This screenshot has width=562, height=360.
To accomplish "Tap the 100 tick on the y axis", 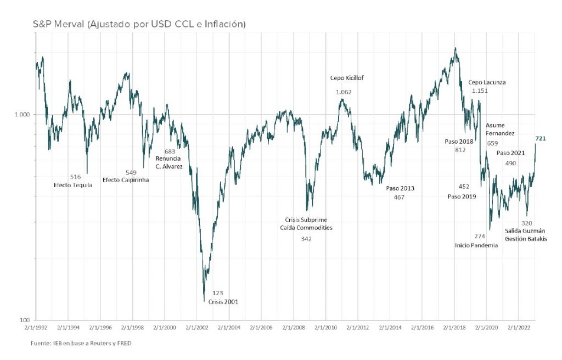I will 25,320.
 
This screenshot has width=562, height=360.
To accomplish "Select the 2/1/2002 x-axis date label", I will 196,328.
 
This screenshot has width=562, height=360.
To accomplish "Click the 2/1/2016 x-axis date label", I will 421,328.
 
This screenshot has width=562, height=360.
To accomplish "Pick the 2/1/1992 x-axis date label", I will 36,328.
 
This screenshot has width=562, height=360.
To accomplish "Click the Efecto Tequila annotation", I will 72,185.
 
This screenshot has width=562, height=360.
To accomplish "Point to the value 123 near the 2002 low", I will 217,293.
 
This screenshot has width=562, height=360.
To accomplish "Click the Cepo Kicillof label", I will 346,78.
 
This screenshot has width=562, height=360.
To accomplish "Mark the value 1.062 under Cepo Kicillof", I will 344,92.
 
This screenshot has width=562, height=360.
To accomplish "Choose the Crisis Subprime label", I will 306,219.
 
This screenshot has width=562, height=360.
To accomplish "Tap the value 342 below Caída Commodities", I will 306,239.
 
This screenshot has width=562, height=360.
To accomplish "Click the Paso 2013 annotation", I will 400,188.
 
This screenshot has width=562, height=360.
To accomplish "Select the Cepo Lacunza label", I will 487,82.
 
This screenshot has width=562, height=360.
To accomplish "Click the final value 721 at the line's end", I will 540,139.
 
